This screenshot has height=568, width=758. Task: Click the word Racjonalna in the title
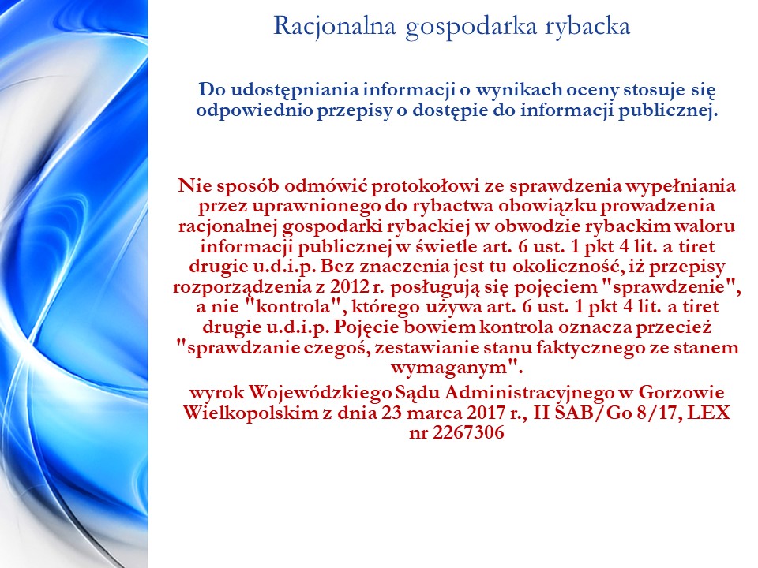335,26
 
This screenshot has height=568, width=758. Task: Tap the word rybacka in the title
587,27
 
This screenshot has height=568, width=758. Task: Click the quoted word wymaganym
457,368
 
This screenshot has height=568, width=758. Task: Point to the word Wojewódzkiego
319,392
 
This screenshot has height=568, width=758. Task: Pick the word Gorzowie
681,392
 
